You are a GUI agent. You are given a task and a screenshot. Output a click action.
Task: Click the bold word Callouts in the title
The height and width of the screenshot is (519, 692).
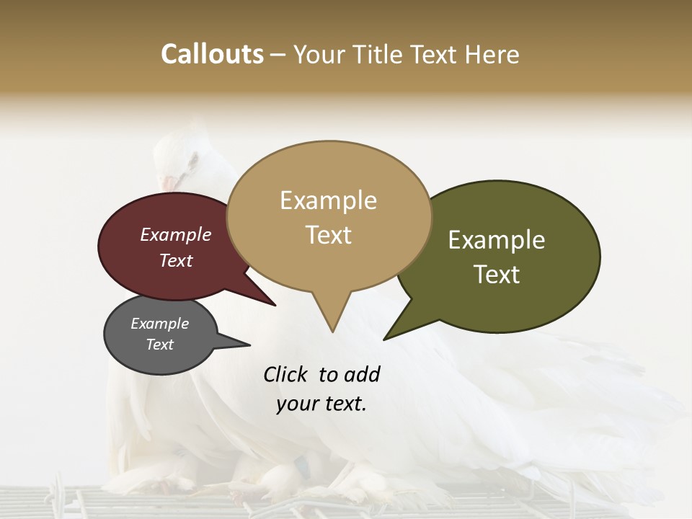pyautogui.click(x=212, y=54)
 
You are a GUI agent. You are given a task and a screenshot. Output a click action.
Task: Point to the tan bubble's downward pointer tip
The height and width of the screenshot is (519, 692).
pyautogui.click(x=332, y=332)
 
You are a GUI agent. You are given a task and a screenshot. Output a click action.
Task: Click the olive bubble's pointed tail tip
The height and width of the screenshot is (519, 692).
pyautogui.click(x=384, y=339)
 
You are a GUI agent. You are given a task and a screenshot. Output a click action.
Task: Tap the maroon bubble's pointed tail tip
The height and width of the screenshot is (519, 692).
pyautogui.click(x=275, y=305)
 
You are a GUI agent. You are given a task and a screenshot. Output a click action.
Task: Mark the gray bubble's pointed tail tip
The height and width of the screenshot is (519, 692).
pyautogui.click(x=249, y=345)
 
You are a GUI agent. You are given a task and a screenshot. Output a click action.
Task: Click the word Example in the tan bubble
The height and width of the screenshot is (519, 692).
pyautogui.click(x=328, y=200)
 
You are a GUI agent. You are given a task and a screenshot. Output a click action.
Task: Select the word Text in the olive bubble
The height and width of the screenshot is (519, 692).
pyautogui.click(x=497, y=275)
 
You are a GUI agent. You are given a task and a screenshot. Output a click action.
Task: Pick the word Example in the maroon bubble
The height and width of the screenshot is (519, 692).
pyautogui.click(x=176, y=235)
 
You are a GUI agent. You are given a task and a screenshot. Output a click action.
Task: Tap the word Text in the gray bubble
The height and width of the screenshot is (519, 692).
pyautogui.click(x=160, y=345)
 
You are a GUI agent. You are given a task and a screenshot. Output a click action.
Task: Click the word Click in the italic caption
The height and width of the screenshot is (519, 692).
pyautogui.click(x=285, y=374)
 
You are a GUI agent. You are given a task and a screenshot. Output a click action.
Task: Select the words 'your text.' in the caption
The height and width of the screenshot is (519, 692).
pyautogui.click(x=321, y=404)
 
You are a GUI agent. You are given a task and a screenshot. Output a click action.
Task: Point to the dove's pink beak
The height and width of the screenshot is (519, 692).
pyautogui.click(x=168, y=184)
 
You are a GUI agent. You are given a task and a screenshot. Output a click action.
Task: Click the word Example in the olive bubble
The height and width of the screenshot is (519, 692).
pyautogui.click(x=497, y=240)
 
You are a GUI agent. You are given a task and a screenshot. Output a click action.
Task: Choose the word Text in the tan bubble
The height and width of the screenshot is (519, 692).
pyautogui.click(x=329, y=235)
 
